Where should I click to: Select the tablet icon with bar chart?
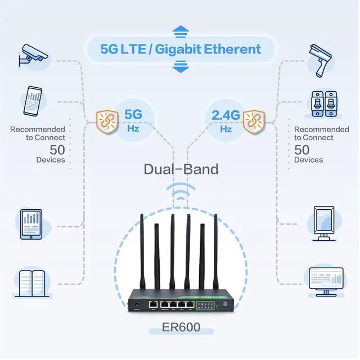pyautogui.click(x=32, y=224)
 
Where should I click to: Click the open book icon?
pyautogui.click(x=32, y=283)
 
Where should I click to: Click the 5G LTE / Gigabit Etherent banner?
pyautogui.click(x=180, y=49)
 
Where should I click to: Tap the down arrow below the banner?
pyautogui.click(x=180, y=69)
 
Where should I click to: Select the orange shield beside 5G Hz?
pyautogui.click(x=107, y=121)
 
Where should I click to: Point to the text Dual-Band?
pyautogui.click(x=181, y=168)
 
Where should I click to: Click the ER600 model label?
pyautogui.click(x=181, y=327)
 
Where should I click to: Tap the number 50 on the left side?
pyautogui.click(x=57, y=150)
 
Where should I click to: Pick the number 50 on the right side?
pyautogui.click(x=302, y=150)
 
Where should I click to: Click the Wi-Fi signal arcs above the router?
pyautogui.click(x=180, y=193)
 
